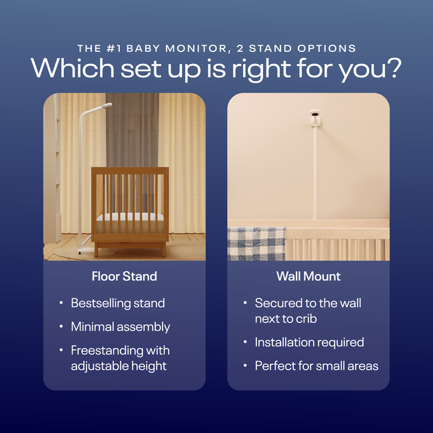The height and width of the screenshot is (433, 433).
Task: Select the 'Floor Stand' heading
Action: coord(125,276)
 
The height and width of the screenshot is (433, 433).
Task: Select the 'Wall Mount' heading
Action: coord(308,276)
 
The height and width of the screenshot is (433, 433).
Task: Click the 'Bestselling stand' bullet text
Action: coord(118,303)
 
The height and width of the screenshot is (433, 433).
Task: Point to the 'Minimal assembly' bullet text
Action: coord(121,326)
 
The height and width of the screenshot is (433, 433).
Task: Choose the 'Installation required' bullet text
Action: coord(309,342)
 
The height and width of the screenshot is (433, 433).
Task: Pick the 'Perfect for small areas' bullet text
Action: coord(316,366)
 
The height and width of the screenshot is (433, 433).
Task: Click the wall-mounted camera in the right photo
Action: coord(314,119)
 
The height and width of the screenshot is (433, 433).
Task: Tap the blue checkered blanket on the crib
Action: coord(256,243)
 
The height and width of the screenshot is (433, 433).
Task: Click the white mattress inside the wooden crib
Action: coord(130,217)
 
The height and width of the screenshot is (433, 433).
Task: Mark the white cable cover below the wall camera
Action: coord(314,173)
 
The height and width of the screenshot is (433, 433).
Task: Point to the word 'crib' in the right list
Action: coord(304,318)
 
